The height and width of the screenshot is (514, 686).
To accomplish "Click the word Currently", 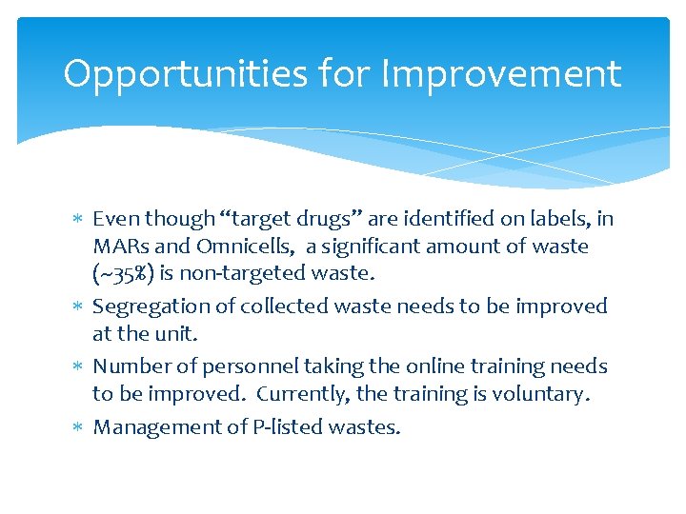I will tap(299, 393).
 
